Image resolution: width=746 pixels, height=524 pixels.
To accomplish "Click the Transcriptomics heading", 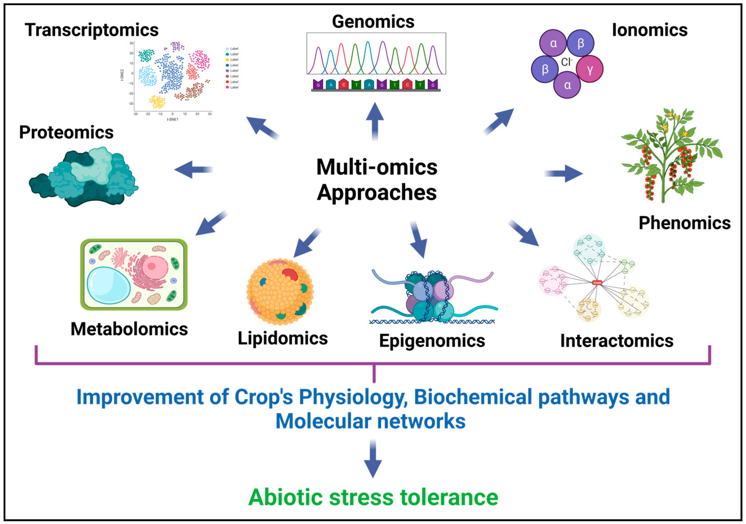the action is click(92, 30).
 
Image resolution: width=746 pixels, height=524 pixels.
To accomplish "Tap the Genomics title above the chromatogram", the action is click(373, 22).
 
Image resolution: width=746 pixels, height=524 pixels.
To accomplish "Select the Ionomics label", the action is click(650, 30).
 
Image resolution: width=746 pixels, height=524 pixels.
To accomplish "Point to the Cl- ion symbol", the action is click(566, 62).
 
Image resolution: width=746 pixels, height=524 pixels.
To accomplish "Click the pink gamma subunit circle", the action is click(590, 69).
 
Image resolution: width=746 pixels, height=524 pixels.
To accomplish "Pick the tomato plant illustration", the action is click(671, 156).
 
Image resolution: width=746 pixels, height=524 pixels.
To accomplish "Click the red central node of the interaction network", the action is click(597, 282).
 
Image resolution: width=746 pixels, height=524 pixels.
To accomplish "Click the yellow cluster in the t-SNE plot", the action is click(157, 102).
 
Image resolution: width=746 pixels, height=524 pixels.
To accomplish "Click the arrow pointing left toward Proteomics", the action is click(193, 169).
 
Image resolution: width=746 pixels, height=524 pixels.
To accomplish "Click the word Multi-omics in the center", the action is click(377, 168).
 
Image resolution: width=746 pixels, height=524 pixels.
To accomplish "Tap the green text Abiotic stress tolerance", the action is click(373, 497).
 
